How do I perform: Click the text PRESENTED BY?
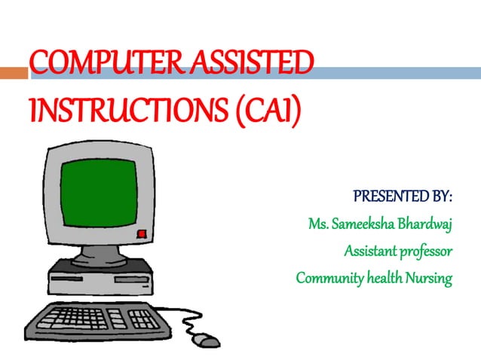[403, 198]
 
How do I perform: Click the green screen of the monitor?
[99, 191]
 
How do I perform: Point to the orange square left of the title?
[14, 73]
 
